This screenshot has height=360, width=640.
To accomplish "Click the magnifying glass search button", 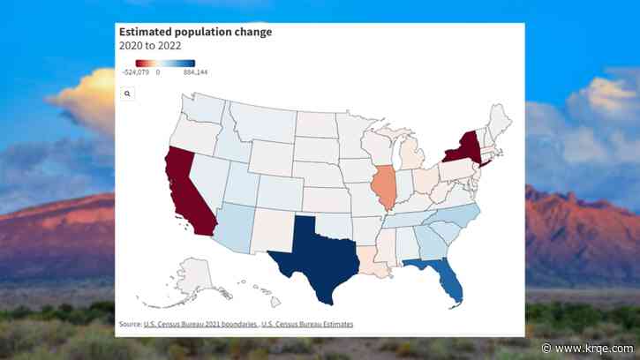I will (x=127, y=92).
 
